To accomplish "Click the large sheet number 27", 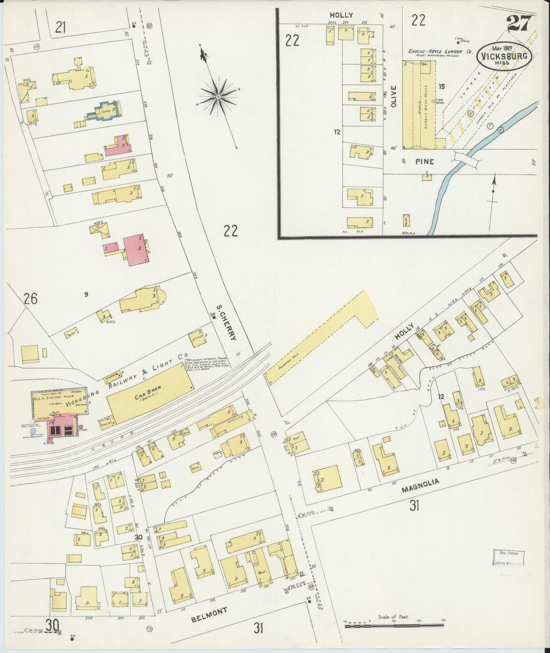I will pos(518,26).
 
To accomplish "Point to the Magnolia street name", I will pos(420,486).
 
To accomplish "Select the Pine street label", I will pos(424,162).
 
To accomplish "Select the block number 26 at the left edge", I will pos(30,299).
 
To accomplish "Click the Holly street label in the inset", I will pos(341,15).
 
